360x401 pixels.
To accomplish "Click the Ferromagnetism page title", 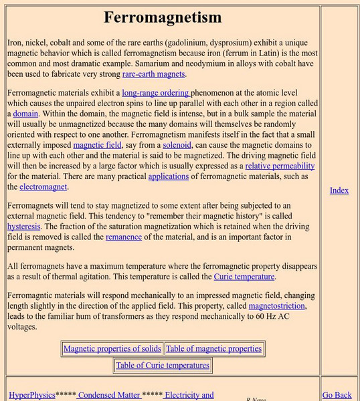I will click(x=163, y=17).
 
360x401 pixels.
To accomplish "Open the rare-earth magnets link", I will click(x=154, y=74).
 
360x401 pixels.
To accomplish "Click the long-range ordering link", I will click(x=156, y=93).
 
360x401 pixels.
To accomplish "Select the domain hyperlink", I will click(x=25, y=114).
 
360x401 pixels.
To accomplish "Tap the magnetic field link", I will click(x=97, y=144).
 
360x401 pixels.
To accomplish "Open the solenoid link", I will click(x=177, y=144).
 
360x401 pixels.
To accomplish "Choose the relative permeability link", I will click(x=280, y=166).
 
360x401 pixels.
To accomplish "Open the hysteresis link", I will click(x=24, y=227).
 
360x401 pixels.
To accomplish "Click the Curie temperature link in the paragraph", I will click(x=244, y=277).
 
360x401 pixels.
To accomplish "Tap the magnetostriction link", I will click(x=276, y=306).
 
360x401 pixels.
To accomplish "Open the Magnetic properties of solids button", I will click(x=112, y=348).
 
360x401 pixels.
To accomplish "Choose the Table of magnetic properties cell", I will click(x=213, y=348).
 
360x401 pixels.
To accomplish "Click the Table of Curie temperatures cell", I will click(x=163, y=366).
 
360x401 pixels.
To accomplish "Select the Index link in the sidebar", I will click(x=339, y=190).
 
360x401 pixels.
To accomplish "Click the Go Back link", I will click(x=337, y=395).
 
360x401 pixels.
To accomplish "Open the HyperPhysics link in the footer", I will click(x=32, y=395).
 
